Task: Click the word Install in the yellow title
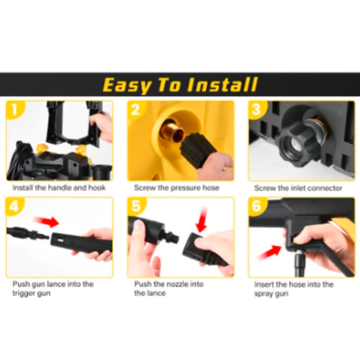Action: click(x=222, y=84)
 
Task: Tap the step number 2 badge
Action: click(x=136, y=110)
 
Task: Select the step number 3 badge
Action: click(x=257, y=110)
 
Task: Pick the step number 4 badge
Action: click(x=14, y=206)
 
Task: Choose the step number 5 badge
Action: click(x=136, y=206)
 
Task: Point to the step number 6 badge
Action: click(x=257, y=206)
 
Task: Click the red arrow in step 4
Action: click(x=46, y=221)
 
